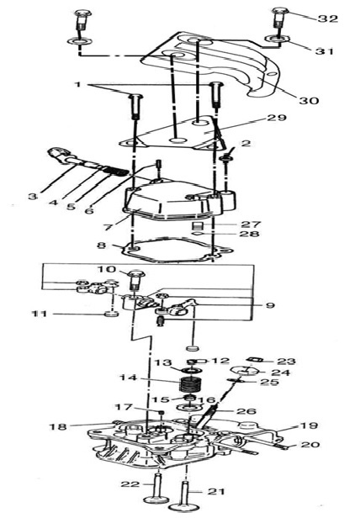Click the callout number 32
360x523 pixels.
point(328,18)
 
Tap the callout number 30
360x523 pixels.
point(309,100)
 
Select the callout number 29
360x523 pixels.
point(276,118)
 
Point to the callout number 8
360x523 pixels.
point(102,246)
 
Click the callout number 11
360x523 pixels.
point(40,314)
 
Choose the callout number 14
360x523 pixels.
point(130,378)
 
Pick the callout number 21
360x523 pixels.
point(215,491)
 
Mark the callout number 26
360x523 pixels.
point(246,411)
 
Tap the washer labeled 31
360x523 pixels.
point(276,40)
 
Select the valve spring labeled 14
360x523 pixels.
point(190,384)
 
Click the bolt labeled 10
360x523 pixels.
point(135,283)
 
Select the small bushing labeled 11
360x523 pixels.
point(111,314)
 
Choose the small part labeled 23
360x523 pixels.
point(254,360)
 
